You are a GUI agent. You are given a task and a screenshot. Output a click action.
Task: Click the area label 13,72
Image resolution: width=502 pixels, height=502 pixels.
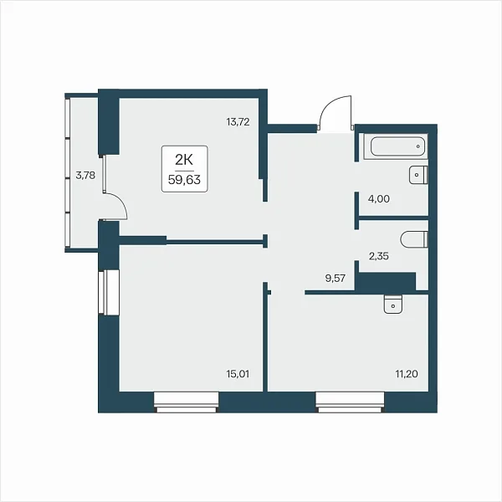[x=238, y=122]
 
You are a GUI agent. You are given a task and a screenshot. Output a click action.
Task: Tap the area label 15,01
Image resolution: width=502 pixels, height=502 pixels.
[x=238, y=374]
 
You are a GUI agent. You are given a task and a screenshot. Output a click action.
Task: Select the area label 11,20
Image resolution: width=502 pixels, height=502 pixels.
[x=407, y=374]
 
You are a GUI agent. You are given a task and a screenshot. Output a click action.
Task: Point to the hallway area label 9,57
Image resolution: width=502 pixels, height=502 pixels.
[x=336, y=279]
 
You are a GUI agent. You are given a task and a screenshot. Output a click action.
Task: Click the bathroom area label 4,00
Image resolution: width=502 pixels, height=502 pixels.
[x=379, y=199]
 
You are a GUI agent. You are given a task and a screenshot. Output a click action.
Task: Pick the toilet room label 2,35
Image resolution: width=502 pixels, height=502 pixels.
[x=379, y=256]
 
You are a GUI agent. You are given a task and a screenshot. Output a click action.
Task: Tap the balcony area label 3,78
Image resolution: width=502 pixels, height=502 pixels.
[x=85, y=176]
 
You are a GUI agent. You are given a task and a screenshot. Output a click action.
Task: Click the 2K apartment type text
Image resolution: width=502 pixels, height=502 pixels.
[x=184, y=160]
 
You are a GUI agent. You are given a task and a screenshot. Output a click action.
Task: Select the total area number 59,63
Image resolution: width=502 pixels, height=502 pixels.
[x=184, y=180]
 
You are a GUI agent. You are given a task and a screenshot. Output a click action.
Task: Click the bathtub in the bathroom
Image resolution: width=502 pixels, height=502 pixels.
[x=396, y=146]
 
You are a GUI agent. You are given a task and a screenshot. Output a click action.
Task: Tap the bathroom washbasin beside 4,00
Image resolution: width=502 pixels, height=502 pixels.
[x=418, y=175]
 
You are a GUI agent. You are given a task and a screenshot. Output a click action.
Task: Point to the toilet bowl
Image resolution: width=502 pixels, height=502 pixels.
[x=414, y=238]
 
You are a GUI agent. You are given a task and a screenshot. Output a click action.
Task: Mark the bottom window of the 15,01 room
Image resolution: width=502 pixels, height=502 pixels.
[x=186, y=402]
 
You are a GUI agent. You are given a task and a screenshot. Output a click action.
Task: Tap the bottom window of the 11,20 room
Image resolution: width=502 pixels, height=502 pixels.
[x=350, y=402]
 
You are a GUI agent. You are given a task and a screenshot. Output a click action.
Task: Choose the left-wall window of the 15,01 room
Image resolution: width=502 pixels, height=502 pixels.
[x=109, y=292]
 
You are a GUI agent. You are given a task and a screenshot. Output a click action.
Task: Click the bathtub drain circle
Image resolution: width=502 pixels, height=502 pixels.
[x=418, y=146]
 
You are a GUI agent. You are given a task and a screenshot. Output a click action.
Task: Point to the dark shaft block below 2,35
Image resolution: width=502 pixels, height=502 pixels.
[x=387, y=281]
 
